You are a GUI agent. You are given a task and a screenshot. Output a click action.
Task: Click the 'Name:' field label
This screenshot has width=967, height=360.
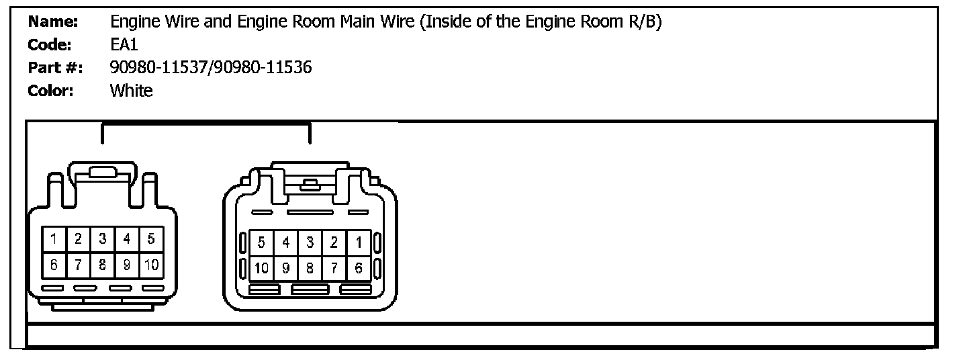tap(53, 22)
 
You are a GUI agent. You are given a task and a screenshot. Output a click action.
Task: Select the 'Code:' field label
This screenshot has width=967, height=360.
tap(50, 45)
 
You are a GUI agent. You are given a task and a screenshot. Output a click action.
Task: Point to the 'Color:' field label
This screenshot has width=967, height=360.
tap(50, 91)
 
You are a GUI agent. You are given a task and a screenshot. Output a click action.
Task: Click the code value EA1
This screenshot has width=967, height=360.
tap(124, 45)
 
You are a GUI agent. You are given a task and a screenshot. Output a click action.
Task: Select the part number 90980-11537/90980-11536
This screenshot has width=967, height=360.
tap(211, 68)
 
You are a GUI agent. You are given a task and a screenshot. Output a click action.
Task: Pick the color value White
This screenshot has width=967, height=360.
tap(132, 91)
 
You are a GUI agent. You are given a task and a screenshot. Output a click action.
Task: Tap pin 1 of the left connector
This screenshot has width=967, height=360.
tap(54, 238)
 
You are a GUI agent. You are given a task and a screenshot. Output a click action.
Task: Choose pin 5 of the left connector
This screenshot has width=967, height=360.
tap(151, 238)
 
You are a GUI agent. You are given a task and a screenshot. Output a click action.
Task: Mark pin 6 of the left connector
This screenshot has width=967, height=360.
tap(54, 265)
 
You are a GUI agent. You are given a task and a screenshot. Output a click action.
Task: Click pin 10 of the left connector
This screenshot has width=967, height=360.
tap(151, 265)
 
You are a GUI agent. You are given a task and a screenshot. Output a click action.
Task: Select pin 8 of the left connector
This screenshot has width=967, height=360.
tap(103, 265)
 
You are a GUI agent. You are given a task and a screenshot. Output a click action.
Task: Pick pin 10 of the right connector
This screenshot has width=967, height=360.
tap(261, 269)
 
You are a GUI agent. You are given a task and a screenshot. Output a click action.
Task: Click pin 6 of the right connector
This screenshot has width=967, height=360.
tap(359, 269)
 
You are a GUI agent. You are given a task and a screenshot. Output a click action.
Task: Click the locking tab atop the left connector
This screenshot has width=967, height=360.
tap(103, 173)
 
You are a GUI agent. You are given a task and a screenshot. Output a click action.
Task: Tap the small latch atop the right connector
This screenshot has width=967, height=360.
tap(309, 184)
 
